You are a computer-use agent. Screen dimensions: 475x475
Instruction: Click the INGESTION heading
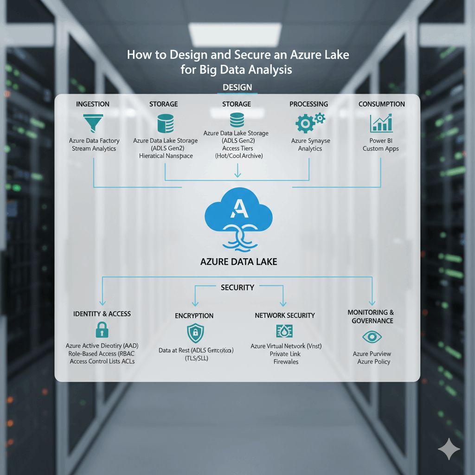tap(93, 104)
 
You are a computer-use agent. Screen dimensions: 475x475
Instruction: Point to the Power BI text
tap(381, 141)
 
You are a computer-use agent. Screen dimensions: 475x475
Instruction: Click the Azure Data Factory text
tap(94, 141)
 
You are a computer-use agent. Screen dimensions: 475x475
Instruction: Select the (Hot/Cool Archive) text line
tap(238, 156)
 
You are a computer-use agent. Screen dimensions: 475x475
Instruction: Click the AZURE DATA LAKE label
tap(238, 262)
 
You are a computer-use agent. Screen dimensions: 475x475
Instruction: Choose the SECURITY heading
tap(237, 288)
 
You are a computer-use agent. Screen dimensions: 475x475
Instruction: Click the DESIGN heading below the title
tap(237, 87)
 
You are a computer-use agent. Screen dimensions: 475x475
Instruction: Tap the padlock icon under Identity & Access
tap(102, 330)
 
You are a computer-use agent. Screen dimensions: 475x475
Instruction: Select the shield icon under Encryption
tap(194, 333)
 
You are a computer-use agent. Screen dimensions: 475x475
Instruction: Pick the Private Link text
tap(285, 354)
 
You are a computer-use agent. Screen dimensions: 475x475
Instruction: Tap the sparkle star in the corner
tap(449, 449)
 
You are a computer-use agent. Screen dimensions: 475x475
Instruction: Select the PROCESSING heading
tap(308, 104)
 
